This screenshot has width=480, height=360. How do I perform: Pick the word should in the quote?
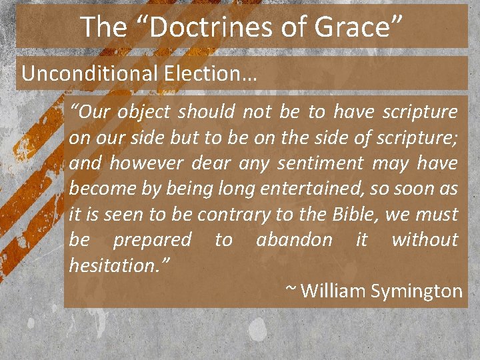tap(206, 112)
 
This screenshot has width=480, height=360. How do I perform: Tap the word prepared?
tap(152, 239)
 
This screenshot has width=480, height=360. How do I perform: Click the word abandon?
tap(294, 239)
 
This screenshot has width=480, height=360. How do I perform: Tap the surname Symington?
tap(419, 291)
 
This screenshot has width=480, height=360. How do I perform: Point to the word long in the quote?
tap(236, 189)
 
